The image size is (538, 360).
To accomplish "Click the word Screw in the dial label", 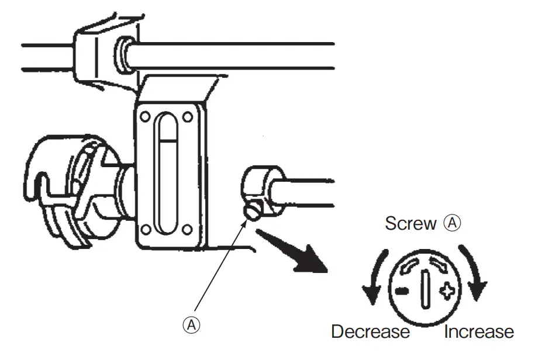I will tap(411, 223).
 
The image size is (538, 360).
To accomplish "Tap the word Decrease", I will tap(370, 332).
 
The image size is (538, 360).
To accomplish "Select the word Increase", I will tap(479, 332).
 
